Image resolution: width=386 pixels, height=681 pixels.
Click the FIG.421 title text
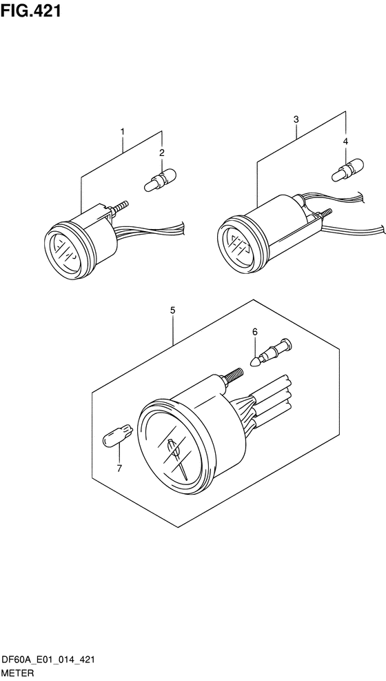tap(30, 10)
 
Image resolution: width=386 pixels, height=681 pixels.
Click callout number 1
tap(123, 131)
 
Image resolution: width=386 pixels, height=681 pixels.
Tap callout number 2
tap(162, 153)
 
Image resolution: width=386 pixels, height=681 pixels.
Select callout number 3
tap(296, 119)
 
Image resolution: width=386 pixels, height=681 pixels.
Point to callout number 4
tap(345, 141)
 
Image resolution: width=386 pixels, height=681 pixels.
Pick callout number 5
tap(172, 310)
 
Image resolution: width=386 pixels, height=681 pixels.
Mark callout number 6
tap(255, 332)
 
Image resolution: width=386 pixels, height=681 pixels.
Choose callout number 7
tap(119, 468)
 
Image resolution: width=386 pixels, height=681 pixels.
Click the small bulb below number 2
tap(160, 180)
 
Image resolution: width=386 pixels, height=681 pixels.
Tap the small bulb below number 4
tap(348, 170)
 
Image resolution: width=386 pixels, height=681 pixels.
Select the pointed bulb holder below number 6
tap(272, 352)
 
